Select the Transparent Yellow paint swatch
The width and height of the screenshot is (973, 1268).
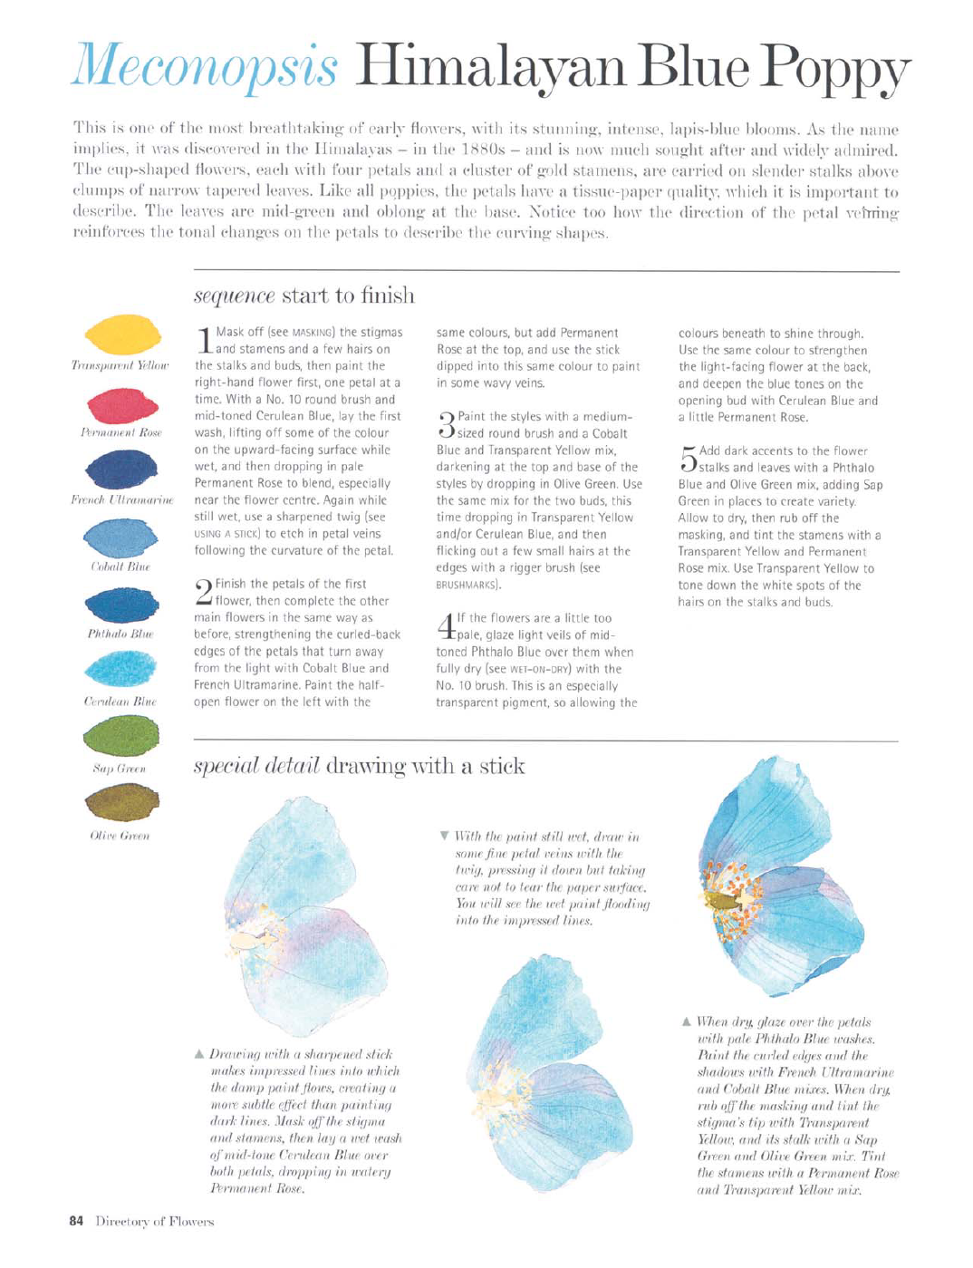pos(122,335)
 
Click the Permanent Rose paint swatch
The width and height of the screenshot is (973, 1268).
pos(121,404)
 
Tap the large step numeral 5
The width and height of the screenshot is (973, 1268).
pos(688,459)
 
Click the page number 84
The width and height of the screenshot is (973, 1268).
pos(76,1221)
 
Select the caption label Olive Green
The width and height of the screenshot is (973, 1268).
pos(120,836)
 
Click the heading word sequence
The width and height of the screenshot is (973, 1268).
pos(234,296)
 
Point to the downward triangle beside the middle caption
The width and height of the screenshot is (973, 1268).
pos(444,836)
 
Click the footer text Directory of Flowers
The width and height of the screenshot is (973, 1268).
pos(155,1221)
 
